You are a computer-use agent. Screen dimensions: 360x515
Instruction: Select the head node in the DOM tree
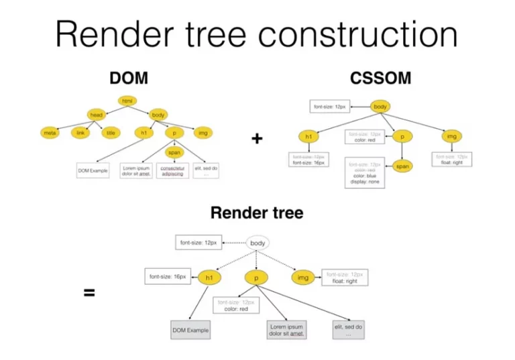click(x=97, y=115)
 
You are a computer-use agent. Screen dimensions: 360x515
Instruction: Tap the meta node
click(x=50, y=133)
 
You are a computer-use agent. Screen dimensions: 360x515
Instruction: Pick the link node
click(x=80, y=133)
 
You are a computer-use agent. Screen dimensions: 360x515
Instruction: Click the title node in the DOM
click(x=111, y=133)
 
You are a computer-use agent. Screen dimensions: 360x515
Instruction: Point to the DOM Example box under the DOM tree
click(x=93, y=171)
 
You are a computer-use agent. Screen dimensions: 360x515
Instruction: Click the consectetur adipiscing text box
click(x=172, y=171)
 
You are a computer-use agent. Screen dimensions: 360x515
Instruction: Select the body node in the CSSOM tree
click(x=380, y=106)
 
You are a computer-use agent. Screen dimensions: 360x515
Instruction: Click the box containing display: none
click(x=365, y=173)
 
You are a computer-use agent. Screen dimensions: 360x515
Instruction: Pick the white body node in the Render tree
click(x=258, y=243)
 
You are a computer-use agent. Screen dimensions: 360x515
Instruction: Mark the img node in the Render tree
click(x=303, y=277)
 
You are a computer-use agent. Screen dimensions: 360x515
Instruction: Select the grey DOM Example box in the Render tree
click(x=190, y=330)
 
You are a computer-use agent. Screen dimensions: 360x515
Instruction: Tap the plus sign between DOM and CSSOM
click(x=257, y=139)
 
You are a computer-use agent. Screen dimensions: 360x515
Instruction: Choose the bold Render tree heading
click(x=257, y=213)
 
